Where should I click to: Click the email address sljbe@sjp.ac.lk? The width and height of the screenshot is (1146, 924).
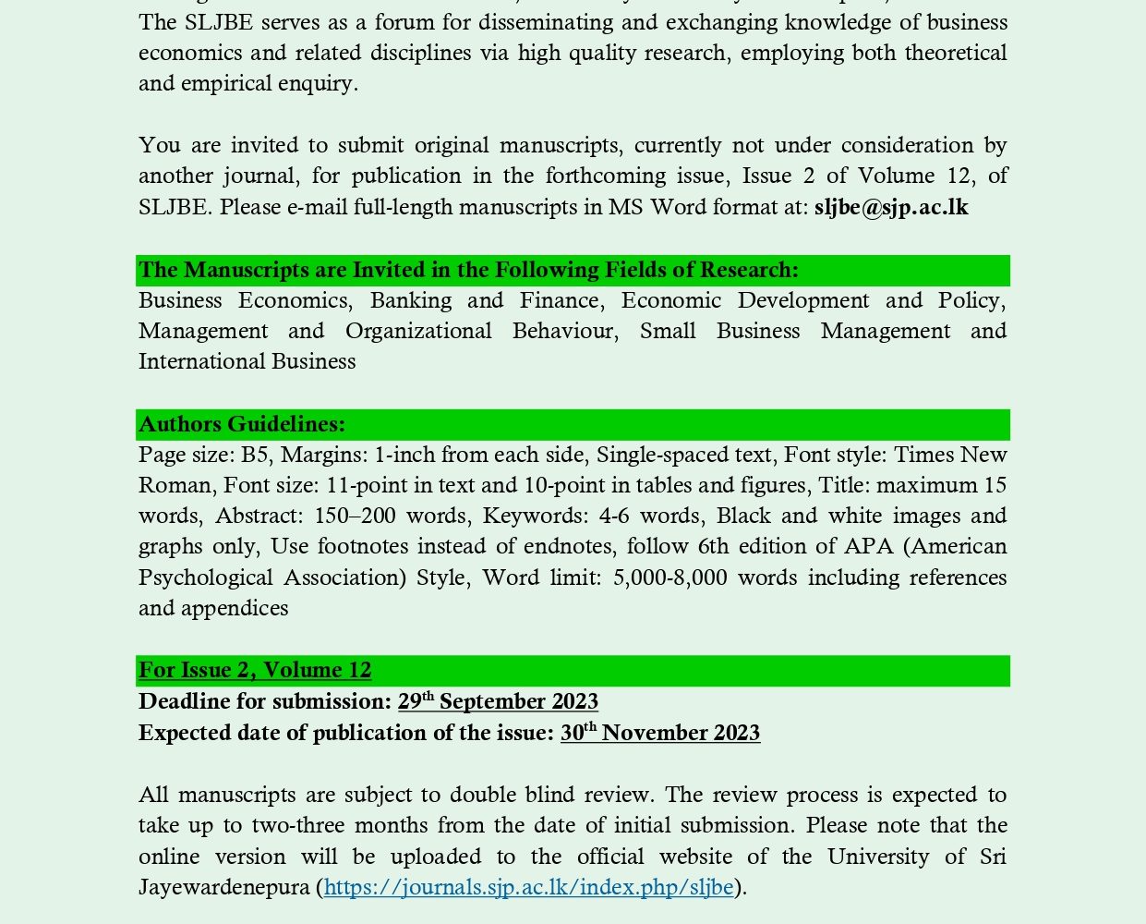(x=891, y=207)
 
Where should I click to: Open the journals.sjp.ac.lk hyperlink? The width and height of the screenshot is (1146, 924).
(x=528, y=887)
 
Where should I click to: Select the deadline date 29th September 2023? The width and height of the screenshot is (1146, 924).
(x=498, y=701)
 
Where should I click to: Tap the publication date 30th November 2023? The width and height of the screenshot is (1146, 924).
(x=659, y=733)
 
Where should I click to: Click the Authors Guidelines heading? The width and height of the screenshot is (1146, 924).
(x=242, y=424)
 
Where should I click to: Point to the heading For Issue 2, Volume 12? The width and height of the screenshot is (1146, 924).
(x=255, y=670)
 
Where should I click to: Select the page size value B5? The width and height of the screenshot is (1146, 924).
(x=255, y=455)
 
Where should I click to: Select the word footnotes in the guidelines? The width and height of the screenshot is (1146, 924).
(x=367, y=546)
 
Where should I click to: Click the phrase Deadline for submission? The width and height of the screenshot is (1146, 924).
(x=265, y=701)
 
